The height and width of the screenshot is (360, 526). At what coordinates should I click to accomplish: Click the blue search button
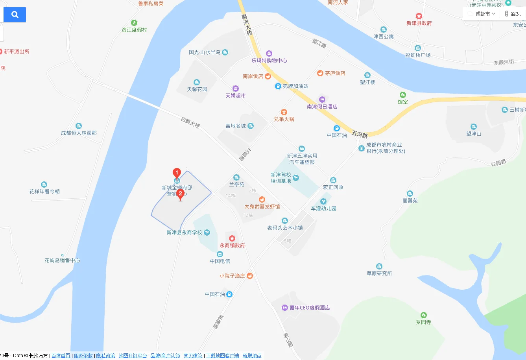(15, 15)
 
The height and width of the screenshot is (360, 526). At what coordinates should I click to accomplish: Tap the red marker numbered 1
(177, 173)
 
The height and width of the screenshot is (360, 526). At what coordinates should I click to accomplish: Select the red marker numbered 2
(181, 194)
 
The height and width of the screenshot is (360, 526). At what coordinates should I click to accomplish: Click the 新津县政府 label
(419, 23)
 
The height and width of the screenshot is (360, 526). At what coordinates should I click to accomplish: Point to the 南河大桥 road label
(247, 24)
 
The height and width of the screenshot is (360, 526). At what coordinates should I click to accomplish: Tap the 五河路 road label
(360, 135)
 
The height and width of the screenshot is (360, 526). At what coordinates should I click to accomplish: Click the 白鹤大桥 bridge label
(190, 122)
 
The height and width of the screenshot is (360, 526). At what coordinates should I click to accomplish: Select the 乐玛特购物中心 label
(269, 61)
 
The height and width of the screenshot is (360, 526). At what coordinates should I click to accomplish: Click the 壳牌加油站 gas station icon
(278, 86)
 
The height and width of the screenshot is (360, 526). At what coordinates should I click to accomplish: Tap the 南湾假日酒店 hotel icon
(322, 100)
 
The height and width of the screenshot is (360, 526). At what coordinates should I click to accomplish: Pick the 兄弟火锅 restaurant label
(284, 119)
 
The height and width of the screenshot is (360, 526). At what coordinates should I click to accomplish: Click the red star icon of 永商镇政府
(232, 238)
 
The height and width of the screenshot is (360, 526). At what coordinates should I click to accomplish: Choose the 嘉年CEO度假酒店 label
(310, 308)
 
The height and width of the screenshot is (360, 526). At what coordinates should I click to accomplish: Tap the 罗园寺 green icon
(423, 315)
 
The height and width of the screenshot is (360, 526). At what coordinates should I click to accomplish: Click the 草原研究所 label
(379, 273)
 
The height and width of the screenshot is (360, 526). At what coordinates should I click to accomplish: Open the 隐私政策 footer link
(106, 356)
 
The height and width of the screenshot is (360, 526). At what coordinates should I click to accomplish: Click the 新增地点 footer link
(252, 356)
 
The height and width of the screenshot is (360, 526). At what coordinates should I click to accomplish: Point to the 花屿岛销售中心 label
(62, 260)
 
